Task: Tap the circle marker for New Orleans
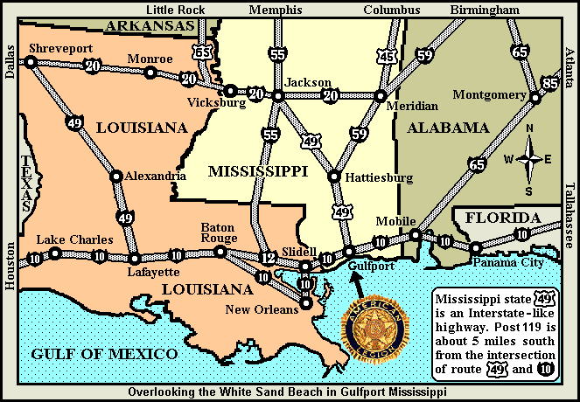pos(306,304)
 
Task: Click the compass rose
pos(529,159)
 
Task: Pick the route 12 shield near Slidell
pos(268,257)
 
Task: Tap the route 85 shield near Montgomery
pos(549,84)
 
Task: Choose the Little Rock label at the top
pos(180,10)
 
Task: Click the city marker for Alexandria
pos(115,176)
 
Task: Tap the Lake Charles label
pos(74,239)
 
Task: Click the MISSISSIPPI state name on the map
pos(257,172)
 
